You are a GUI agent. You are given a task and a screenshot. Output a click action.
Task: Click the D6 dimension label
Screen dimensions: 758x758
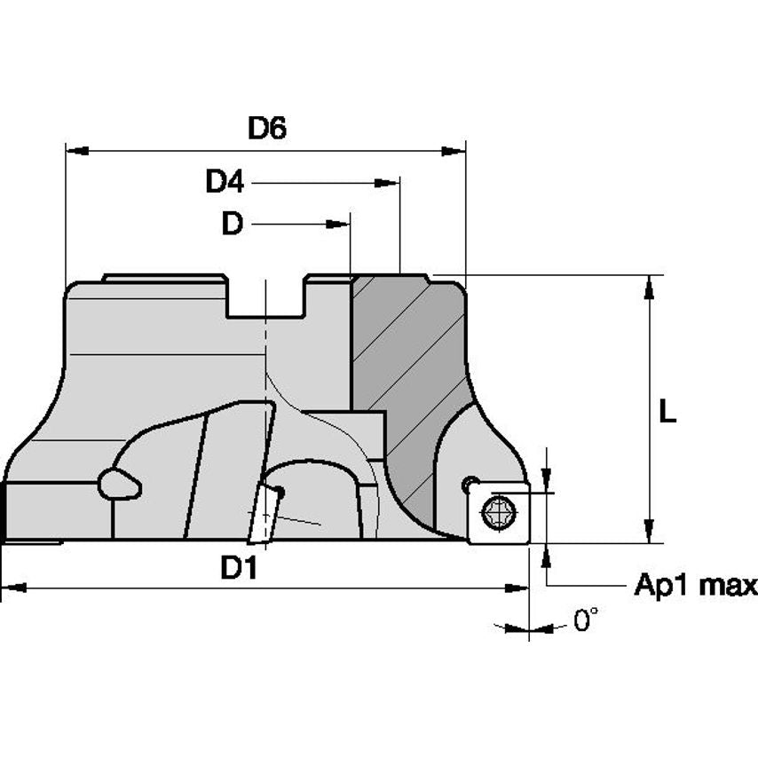pyautogui.click(x=267, y=128)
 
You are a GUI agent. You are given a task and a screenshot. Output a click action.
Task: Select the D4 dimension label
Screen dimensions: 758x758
pyautogui.click(x=225, y=182)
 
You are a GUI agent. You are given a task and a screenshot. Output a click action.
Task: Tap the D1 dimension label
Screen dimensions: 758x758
pyautogui.click(x=239, y=567)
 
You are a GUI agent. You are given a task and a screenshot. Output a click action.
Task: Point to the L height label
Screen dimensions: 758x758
pyautogui.click(x=667, y=413)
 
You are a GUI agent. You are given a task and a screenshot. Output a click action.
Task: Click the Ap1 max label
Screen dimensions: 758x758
pyautogui.click(x=696, y=585)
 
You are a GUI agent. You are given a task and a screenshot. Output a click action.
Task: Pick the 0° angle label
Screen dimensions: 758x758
pyautogui.click(x=586, y=620)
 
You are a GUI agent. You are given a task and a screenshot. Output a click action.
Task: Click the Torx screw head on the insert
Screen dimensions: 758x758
pyautogui.click(x=499, y=512)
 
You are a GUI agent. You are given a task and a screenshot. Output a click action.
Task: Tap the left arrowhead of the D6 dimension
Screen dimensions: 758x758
pyautogui.click(x=77, y=151)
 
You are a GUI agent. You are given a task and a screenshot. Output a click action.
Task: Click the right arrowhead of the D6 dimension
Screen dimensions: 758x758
pyautogui.click(x=454, y=151)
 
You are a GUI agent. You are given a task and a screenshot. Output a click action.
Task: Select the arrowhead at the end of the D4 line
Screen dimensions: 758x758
pyautogui.click(x=388, y=183)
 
